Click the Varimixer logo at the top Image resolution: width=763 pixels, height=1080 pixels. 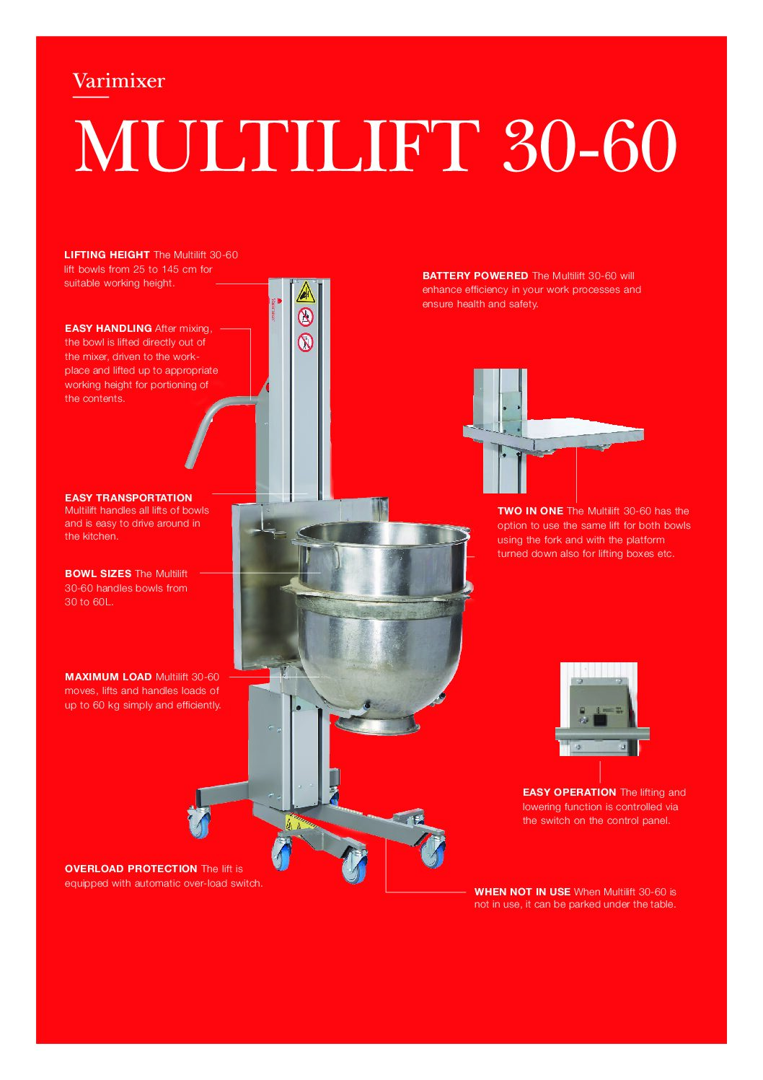click(118, 81)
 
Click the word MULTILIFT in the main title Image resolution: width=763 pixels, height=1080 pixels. click(278, 146)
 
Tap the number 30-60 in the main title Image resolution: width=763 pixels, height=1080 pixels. click(589, 146)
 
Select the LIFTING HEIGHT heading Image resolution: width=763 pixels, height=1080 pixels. click(107, 255)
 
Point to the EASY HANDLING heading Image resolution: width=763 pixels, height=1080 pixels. click(108, 328)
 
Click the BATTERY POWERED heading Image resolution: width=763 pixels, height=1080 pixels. click(475, 276)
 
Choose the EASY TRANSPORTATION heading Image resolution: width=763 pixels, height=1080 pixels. click(128, 498)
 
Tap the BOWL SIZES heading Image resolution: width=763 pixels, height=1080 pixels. click(98, 574)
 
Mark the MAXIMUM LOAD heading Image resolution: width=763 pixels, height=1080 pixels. click(108, 677)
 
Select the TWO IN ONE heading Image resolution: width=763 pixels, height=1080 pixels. click(530, 511)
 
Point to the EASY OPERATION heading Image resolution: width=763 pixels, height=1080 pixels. click(569, 792)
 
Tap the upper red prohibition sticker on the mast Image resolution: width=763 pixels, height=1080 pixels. click(305, 317)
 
